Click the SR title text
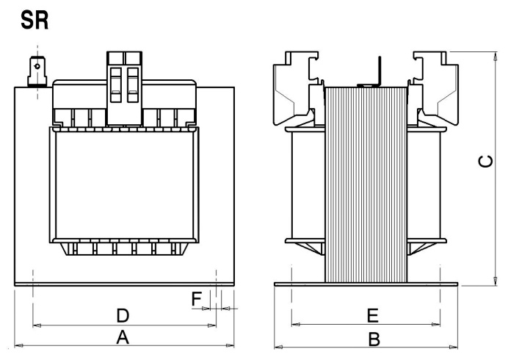tap(35, 21)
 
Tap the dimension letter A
tap(123, 337)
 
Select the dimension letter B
tap(374, 339)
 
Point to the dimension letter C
tap(486, 161)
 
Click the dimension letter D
tap(123, 316)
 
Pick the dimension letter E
tap(373, 316)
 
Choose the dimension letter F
tap(197, 299)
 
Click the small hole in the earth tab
tap(37, 66)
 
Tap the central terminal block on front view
tap(124, 88)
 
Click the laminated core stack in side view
tap(366, 184)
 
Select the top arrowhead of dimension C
tap(495, 57)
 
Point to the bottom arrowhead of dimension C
tap(495, 281)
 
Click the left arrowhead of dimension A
tap(19, 346)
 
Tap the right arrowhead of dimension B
tap(453, 348)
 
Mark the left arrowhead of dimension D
tap(37, 325)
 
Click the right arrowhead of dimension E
tap(436, 324)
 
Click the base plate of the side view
tap(366, 284)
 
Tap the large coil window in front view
tap(124, 185)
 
